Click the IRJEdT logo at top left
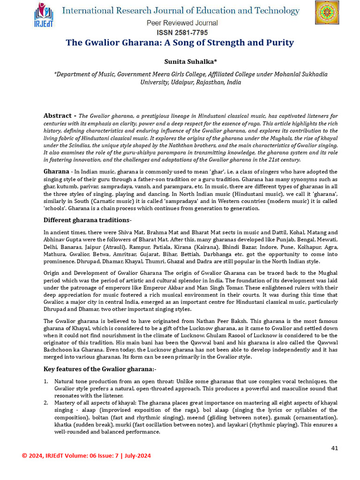coord(44,15)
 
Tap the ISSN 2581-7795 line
coord(182,32)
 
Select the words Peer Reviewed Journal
coord(182,23)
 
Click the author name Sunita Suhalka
coord(180,61)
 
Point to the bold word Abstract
coord(58,115)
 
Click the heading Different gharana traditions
coord(88,220)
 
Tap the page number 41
coord(334,448)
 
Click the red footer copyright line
coord(87,456)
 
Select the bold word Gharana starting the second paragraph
coord(56,172)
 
